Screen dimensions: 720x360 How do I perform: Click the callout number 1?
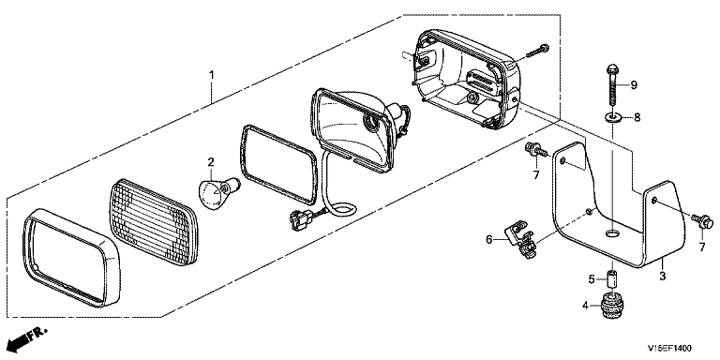(x=212, y=74)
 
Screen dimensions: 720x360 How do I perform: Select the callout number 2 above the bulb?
(x=211, y=161)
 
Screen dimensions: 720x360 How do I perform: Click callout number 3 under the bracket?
(x=662, y=276)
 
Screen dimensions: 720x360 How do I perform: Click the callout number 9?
(x=634, y=84)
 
